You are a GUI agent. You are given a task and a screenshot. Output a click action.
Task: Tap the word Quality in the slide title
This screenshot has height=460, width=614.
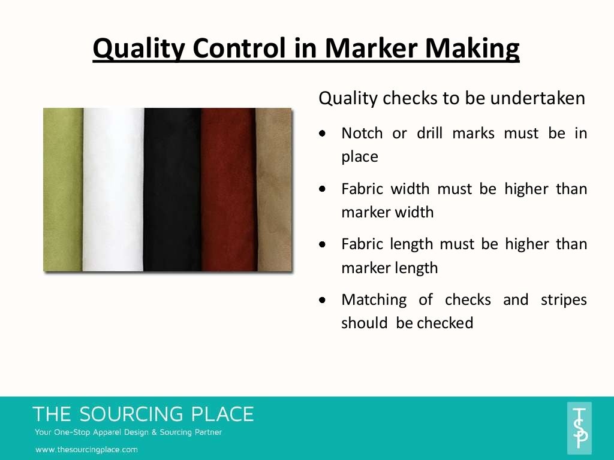[x=135, y=48]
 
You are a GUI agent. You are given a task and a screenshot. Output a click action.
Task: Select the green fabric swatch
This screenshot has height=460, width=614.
[x=63, y=189]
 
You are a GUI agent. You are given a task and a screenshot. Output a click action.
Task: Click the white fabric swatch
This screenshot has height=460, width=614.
[x=113, y=189]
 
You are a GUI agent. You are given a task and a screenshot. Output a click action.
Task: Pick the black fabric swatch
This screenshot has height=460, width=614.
[x=172, y=189]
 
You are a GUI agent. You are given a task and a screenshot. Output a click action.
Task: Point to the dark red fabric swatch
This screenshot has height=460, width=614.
[x=228, y=189]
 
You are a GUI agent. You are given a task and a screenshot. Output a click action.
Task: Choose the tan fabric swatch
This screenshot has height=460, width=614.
[x=273, y=189]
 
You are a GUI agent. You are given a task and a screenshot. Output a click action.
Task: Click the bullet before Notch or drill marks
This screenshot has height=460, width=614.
[x=323, y=134]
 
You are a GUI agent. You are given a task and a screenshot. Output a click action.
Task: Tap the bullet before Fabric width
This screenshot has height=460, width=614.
[x=323, y=189]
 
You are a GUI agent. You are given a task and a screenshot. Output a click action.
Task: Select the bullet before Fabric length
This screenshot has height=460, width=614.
[x=323, y=244]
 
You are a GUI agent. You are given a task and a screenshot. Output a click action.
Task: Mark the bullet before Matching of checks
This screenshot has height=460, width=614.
[x=323, y=299]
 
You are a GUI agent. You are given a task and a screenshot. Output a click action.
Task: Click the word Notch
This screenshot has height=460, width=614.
[x=362, y=133]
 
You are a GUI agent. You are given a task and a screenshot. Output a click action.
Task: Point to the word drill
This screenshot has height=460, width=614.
[x=429, y=133]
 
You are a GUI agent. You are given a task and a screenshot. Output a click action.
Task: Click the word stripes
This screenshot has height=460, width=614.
[x=564, y=299]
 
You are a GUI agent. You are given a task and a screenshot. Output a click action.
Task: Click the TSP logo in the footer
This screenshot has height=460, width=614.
[x=579, y=428]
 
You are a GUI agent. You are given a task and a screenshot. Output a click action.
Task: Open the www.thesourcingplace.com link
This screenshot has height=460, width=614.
[x=86, y=449]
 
